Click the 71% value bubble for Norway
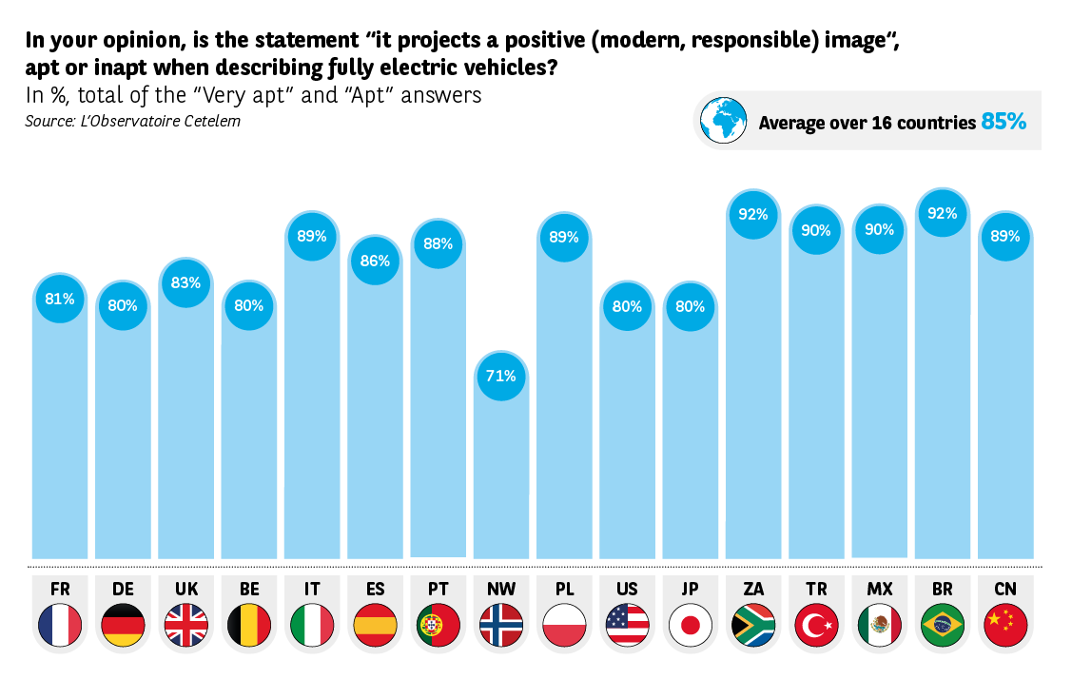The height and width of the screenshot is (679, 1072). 501,376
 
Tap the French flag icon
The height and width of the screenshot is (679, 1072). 60,625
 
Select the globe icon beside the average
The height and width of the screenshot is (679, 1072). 722,120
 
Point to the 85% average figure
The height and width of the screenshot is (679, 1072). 1004,122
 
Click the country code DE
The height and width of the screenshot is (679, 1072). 123,590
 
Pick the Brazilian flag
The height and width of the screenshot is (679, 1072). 943,625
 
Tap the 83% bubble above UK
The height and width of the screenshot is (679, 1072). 185,282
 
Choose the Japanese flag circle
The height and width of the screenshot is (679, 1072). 691,625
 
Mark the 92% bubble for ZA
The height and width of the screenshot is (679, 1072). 753,215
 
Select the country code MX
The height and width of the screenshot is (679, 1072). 880,590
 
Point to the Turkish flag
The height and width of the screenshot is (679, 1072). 816,625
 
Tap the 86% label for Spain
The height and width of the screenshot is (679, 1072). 375,261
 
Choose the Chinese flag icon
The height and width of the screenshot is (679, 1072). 1005,625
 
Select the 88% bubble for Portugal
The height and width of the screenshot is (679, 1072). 438,243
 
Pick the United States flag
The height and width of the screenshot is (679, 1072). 627,625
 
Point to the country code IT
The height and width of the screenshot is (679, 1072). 312,590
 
